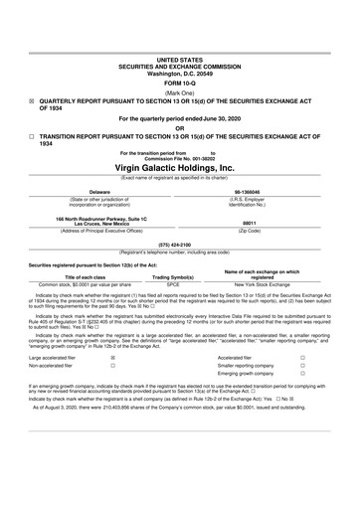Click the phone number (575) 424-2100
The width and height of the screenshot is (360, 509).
click(179, 244)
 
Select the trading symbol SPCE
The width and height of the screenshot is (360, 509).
click(173, 283)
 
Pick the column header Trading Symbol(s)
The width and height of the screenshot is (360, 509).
click(173, 275)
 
